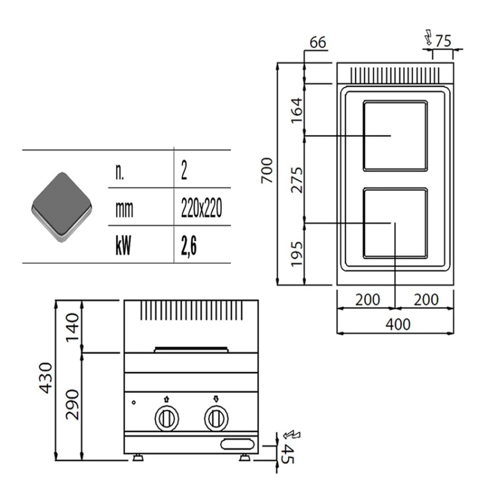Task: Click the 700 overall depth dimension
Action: coord(267,170)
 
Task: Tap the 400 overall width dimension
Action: coord(398,324)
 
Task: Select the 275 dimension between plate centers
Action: coord(296,180)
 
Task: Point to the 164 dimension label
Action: coord(296,110)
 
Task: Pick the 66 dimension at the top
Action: coord(318,42)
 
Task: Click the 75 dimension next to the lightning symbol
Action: coord(443,41)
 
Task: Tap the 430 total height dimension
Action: coord(46,377)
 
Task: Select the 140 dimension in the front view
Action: coord(73,327)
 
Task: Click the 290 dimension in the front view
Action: coord(73,404)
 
